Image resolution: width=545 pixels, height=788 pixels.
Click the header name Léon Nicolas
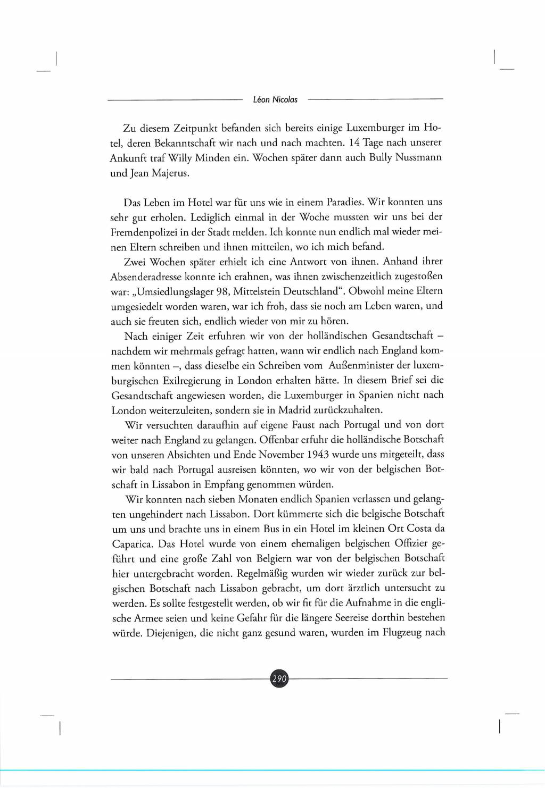(x=275, y=99)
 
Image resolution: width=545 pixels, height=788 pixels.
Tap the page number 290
(x=279, y=678)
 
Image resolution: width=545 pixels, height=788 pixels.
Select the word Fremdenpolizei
(x=144, y=232)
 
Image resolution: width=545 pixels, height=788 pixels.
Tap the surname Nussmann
(x=418, y=158)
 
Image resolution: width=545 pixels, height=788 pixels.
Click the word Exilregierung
(x=191, y=381)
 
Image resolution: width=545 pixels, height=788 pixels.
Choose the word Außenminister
(x=362, y=365)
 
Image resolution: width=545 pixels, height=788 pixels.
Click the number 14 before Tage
(x=353, y=143)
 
